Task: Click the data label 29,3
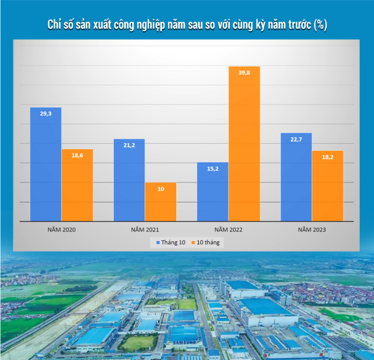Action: pyautogui.click(x=46, y=113)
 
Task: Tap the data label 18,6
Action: pyautogui.click(x=77, y=155)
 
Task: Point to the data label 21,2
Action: pyautogui.click(x=129, y=145)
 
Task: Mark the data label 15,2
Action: pyautogui.click(x=212, y=168)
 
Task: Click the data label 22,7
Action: pyautogui.click(x=296, y=139)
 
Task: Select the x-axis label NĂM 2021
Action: pyautogui.click(x=145, y=230)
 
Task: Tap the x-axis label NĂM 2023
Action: pyautogui.click(x=312, y=230)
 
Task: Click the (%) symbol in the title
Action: pyautogui.click(x=320, y=25)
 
